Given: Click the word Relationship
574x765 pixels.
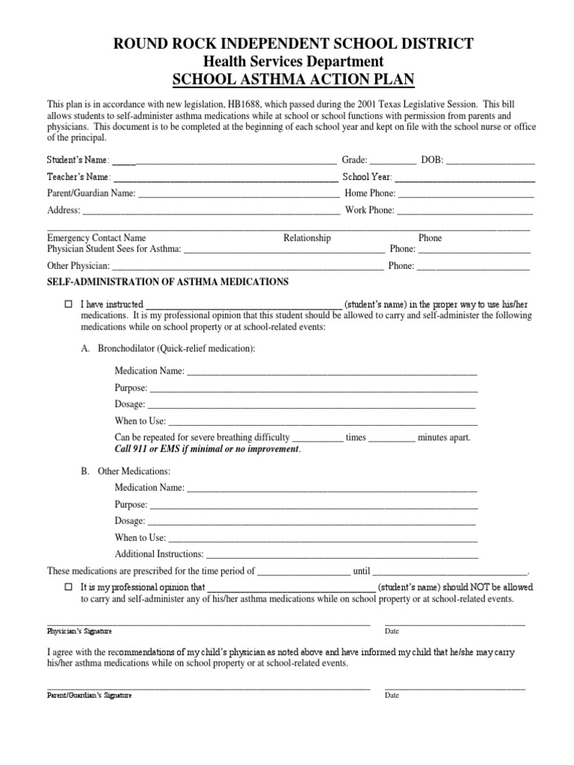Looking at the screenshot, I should (306, 238).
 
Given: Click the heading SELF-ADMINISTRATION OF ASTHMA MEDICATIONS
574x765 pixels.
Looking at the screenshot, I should (168, 282).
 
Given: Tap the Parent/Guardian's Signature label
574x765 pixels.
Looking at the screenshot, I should (89, 695).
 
